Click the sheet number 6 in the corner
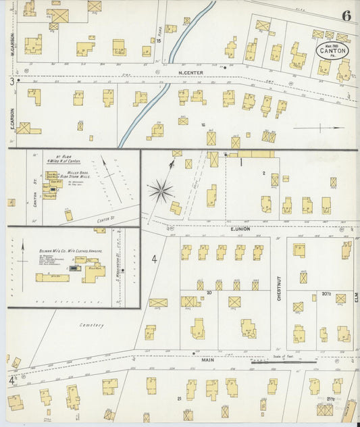(346, 15)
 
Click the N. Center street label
(190, 72)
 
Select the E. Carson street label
(12, 119)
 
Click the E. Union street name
(240, 229)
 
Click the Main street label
(207, 360)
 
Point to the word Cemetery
(92, 325)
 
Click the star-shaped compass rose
(161, 191)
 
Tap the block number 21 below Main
(180, 399)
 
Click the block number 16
(203, 124)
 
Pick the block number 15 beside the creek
(159, 41)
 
